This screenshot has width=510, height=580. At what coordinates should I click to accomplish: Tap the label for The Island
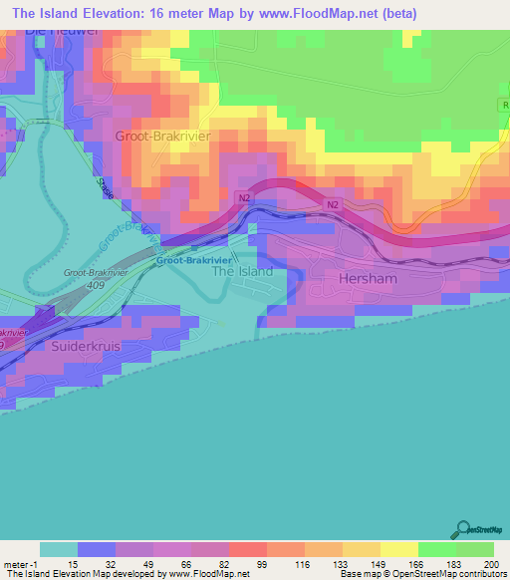pyautogui.click(x=243, y=271)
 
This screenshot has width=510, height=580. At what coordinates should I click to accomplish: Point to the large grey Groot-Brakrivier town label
pyautogui.click(x=163, y=135)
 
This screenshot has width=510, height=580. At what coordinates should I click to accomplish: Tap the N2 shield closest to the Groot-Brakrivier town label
pyautogui.click(x=244, y=199)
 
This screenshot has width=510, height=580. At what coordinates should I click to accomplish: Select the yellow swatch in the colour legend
pyautogui.click(x=398, y=549)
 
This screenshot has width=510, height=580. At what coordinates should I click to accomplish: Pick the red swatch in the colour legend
pyautogui.click(x=247, y=549)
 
